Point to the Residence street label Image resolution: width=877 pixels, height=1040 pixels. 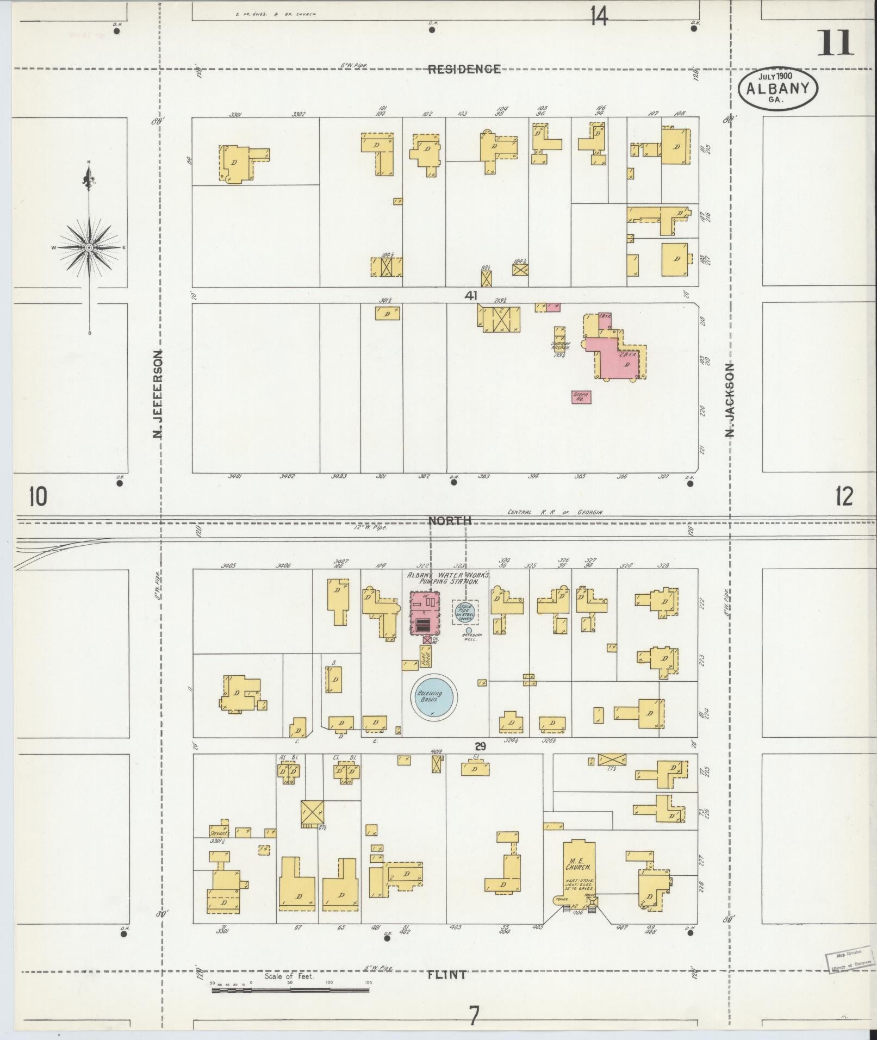(x=464, y=69)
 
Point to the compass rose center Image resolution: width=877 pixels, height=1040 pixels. (x=89, y=248)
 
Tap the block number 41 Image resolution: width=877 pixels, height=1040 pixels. (x=471, y=296)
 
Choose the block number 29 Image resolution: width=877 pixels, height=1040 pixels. (x=480, y=746)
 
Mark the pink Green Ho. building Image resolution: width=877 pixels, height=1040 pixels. (x=581, y=397)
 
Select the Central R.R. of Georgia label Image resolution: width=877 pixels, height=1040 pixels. (x=555, y=512)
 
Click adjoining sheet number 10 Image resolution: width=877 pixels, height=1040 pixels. (x=39, y=496)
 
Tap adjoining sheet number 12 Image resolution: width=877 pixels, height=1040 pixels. (x=843, y=496)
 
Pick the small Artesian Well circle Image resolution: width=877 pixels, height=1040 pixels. (x=469, y=631)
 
